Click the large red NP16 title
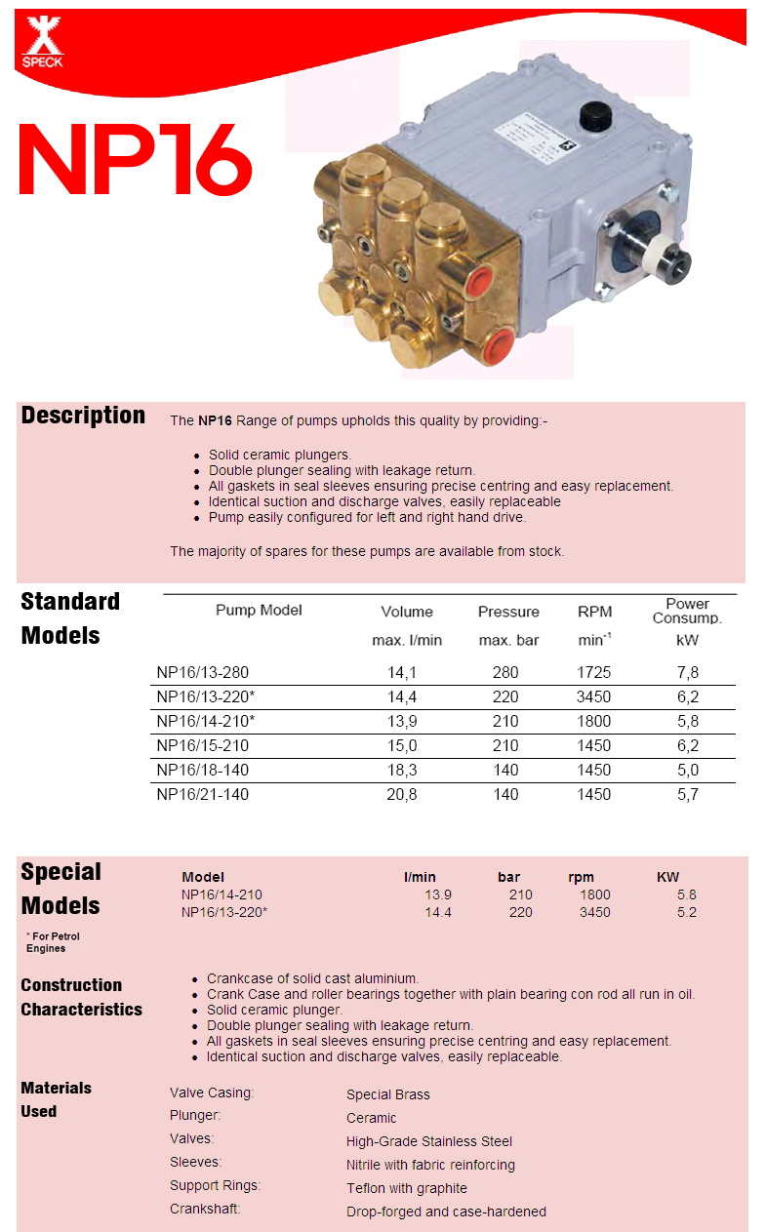point(136,160)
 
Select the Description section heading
point(83,416)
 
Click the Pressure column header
point(508,612)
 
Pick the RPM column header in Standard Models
point(594,612)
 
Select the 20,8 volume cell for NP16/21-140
point(407,794)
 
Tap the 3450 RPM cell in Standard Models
point(593,696)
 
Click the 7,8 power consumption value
point(687,672)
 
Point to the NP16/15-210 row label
point(203,745)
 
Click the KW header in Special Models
point(667,877)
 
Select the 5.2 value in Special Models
point(686,912)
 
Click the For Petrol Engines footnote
point(53,942)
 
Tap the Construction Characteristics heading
point(81,997)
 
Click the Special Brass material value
point(387,1094)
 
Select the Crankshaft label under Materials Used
point(205,1209)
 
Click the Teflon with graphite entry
point(406,1188)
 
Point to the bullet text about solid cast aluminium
point(312,978)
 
